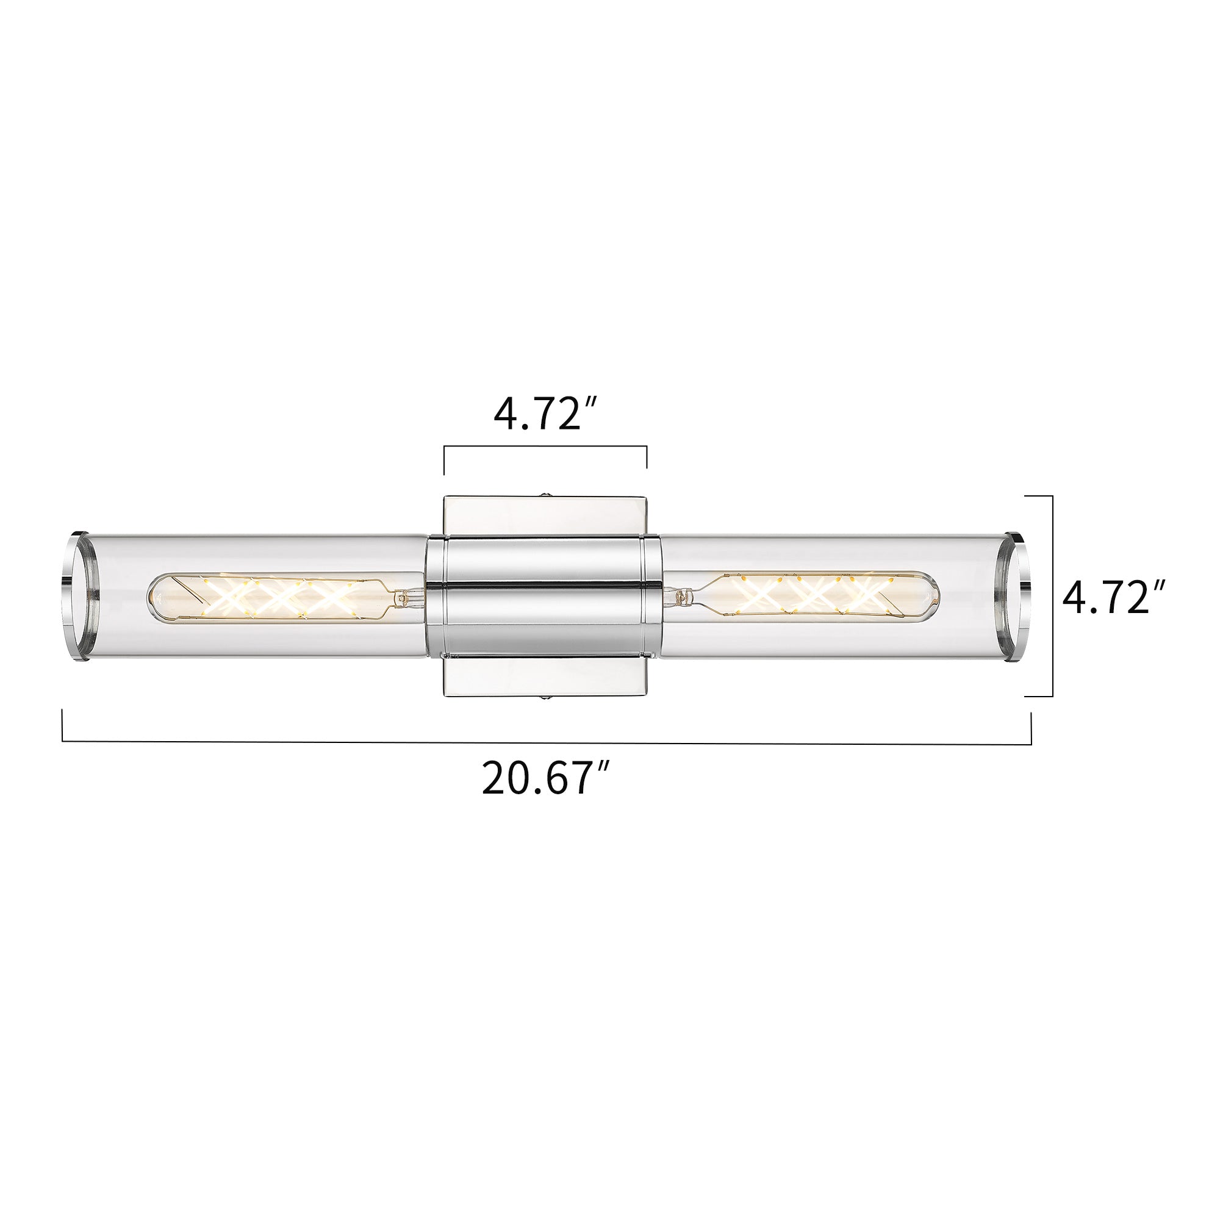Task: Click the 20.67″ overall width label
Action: coord(545,778)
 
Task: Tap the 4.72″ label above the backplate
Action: coord(545,415)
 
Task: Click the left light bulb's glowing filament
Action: coord(278,597)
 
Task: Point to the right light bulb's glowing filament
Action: coord(814,594)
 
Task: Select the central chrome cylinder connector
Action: coord(544,597)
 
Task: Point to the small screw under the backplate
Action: coord(545,699)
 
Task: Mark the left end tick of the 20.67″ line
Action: coord(62,725)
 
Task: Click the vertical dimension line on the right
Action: coord(1053,596)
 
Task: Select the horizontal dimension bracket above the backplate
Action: coord(545,447)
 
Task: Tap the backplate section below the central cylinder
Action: coord(545,677)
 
